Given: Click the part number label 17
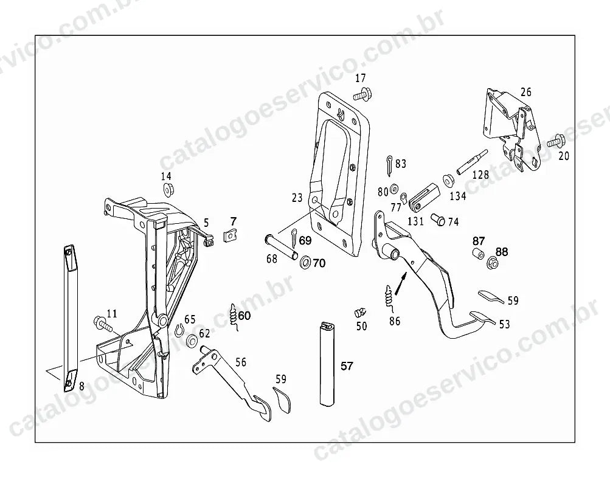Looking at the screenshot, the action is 361,78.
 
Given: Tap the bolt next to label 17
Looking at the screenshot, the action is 362,94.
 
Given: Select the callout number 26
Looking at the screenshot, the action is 526,92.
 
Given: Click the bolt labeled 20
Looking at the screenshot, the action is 555,141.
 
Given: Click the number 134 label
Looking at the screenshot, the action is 458,196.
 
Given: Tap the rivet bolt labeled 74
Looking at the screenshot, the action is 438,219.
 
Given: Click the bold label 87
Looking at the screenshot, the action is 479,241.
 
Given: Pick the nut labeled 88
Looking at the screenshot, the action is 493,264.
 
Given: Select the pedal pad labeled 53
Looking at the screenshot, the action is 483,317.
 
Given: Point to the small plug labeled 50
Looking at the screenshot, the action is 360,313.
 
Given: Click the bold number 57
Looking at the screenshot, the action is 347,366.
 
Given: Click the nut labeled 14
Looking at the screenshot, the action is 168,190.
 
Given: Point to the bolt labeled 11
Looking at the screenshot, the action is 103,324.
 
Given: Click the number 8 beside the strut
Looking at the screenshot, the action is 81,386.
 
